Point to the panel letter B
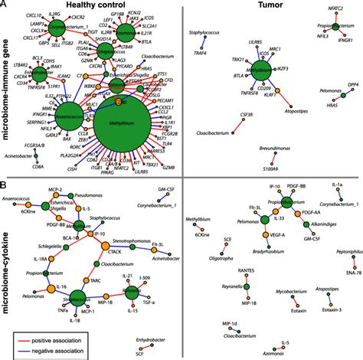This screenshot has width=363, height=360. coord(5,185)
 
